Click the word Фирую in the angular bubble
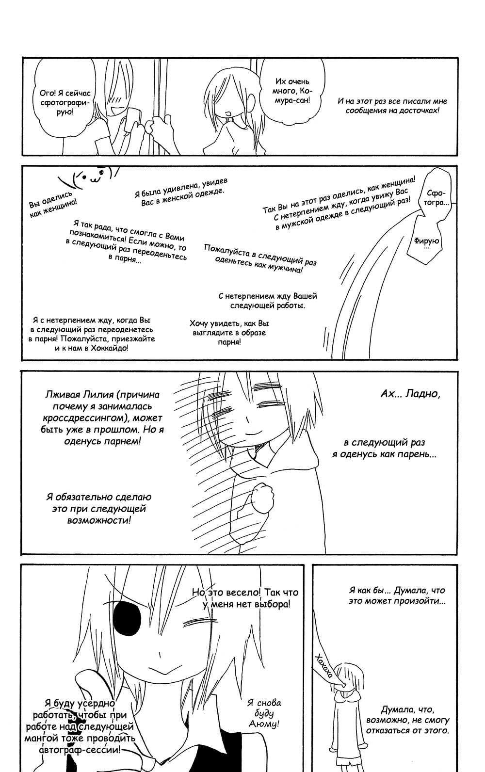click(426, 240)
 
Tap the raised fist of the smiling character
click(264, 495)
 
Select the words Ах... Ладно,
click(410, 394)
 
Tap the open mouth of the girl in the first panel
click(226, 113)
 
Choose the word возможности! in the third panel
click(99, 520)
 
